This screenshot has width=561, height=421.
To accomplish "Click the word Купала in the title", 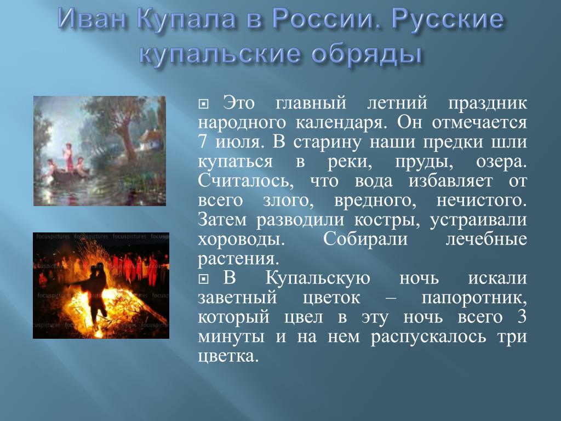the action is click(x=186, y=20).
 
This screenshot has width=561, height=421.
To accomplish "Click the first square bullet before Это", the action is click(x=203, y=104).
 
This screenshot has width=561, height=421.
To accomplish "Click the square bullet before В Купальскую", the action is click(x=203, y=279).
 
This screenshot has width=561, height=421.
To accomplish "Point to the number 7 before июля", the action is click(x=203, y=142).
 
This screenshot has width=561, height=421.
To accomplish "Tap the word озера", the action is click(x=501, y=162).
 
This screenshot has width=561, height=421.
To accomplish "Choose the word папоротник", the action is click(x=474, y=298).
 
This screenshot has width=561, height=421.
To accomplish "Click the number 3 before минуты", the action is click(x=522, y=317).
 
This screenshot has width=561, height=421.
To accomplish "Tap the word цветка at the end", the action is click(x=228, y=356).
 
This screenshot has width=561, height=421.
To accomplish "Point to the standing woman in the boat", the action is click(x=68, y=157).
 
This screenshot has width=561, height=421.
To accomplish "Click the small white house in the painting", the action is click(x=150, y=139).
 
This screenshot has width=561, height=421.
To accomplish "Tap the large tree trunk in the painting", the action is click(x=128, y=140).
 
